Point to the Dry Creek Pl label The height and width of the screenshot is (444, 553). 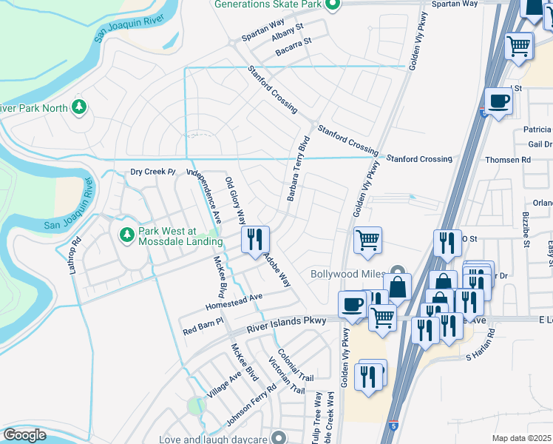(x=152, y=172)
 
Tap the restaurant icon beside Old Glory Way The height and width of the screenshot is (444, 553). (x=255, y=240)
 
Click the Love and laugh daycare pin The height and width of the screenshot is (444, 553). (x=278, y=438)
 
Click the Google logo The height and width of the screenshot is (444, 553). (x=24, y=434)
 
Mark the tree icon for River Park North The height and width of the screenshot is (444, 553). (x=79, y=108)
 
